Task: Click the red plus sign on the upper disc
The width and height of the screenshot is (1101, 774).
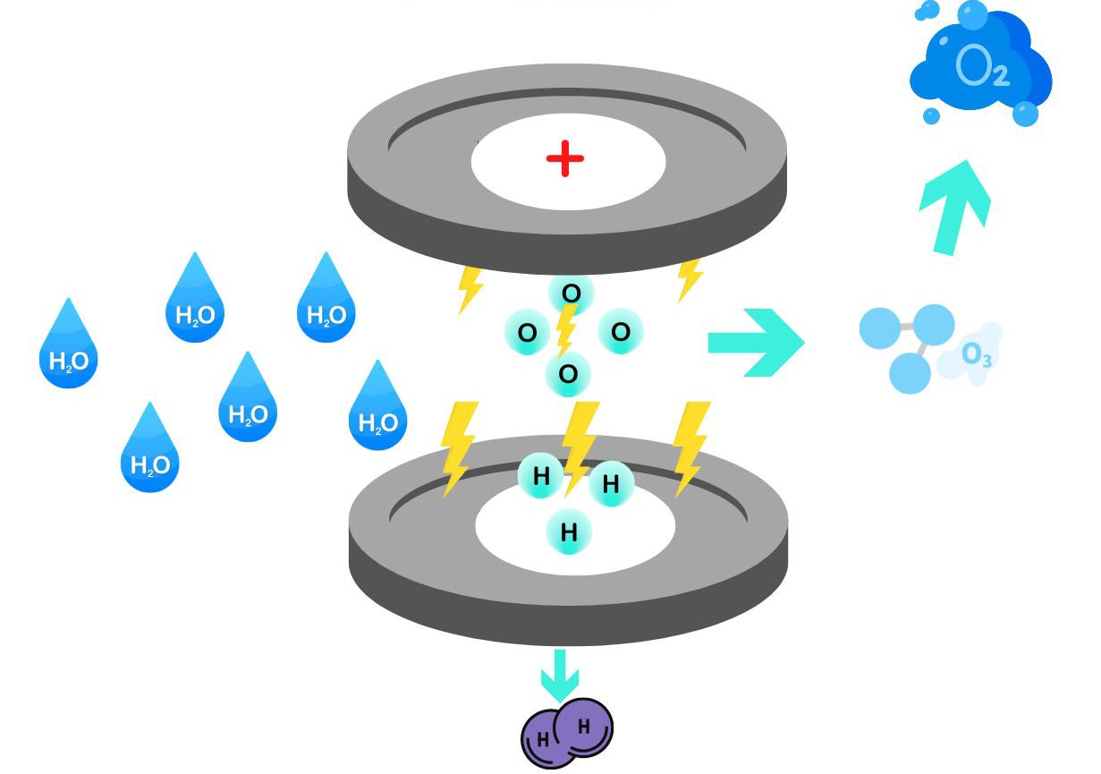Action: click(x=565, y=160)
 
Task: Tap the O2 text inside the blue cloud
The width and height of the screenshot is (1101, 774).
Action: click(x=982, y=68)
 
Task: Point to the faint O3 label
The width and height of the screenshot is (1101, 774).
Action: click(x=976, y=355)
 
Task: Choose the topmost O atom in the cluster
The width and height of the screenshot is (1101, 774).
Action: click(x=571, y=293)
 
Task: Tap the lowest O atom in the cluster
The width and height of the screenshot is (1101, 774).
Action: click(x=568, y=374)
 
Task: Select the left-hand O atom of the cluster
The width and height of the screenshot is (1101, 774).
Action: click(x=528, y=334)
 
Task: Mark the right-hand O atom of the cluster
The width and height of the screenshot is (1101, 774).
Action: click(x=620, y=332)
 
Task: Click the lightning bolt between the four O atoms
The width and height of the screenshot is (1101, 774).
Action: click(x=565, y=331)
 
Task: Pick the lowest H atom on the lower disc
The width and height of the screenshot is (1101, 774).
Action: click(x=569, y=532)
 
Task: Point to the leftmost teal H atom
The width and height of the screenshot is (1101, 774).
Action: click(x=541, y=477)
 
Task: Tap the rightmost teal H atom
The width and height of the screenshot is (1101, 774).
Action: click(x=611, y=485)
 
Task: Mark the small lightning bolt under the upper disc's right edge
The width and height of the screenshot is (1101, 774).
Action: click(x=689, y=279)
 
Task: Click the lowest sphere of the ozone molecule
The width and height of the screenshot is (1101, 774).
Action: click(x=911, y=371)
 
